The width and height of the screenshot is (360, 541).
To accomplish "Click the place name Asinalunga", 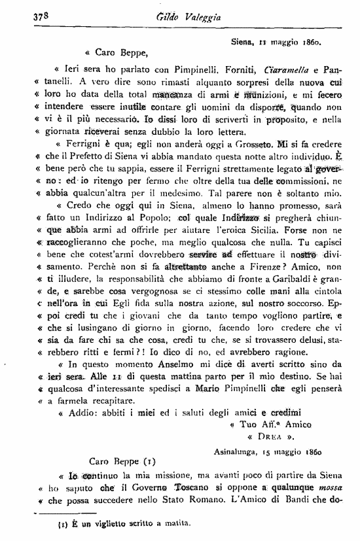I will pyautogui.click(x=240, y=451).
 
